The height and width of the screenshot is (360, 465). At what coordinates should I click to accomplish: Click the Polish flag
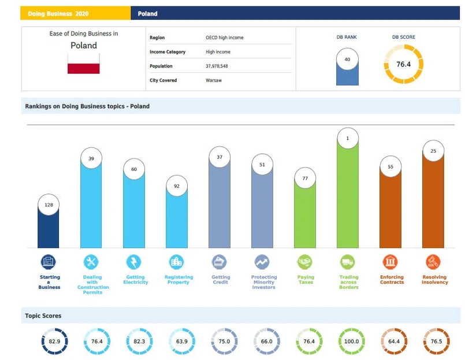(x=84, y=64)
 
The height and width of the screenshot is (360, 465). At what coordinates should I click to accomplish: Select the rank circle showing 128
(x=49, y=205)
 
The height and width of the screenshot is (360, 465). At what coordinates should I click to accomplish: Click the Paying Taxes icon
(x=305, y=262)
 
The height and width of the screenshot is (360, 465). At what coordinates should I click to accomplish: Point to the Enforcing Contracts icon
(x=390, y=262)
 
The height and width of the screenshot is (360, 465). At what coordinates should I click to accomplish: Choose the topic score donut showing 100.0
(x=348, y=342)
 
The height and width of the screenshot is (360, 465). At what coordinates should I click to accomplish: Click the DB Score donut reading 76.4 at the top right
(x=403, y=64)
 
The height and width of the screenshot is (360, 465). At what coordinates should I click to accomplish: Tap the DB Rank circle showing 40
(x=347, y=60)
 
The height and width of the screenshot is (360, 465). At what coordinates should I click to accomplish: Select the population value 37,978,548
(x=217, y=66)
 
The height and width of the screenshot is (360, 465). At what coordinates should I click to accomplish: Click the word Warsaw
(x=214, y=80)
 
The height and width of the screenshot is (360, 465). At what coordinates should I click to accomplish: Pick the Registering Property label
(x=178, y=280)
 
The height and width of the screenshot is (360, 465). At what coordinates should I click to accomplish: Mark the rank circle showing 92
(x=177, y=187)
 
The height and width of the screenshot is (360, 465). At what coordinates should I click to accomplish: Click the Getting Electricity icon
(x=134, y=262)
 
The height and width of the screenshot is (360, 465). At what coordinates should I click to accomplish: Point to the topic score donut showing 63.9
(x=182, y=342)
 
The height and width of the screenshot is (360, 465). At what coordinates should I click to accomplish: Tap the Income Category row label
(x=168, y=52)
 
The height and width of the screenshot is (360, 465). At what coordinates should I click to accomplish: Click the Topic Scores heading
(x=43, y=316)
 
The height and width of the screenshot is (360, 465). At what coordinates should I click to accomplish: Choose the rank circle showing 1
(x=348, y=139)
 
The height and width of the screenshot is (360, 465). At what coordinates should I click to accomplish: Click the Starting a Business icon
(x=49, y=262)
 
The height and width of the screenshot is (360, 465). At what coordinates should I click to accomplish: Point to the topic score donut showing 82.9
(x=54, y=342)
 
